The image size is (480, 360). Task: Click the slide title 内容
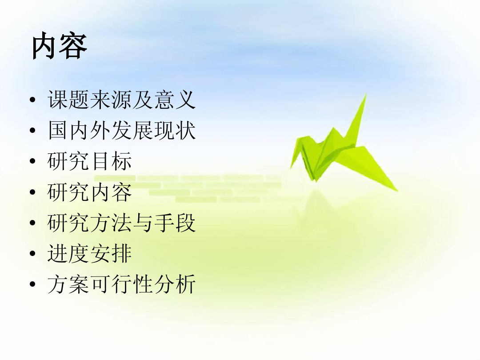click(x=59, y=46)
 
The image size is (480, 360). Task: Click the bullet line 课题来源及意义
click(x=121, y=100)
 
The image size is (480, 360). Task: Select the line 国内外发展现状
click(x=121, y=131)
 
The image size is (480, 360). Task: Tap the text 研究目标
click(x=89, y=162)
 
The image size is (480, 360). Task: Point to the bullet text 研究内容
click(x=89, y=192)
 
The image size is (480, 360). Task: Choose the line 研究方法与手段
click(x=121, y=223)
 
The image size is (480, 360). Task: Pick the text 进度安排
click(x=89, y=254)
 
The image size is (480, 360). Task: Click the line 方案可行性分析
click(x=121, y=284)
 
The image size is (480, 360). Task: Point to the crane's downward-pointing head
click(x=293, y=165)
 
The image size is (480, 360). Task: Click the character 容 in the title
click(x=73, y=46)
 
